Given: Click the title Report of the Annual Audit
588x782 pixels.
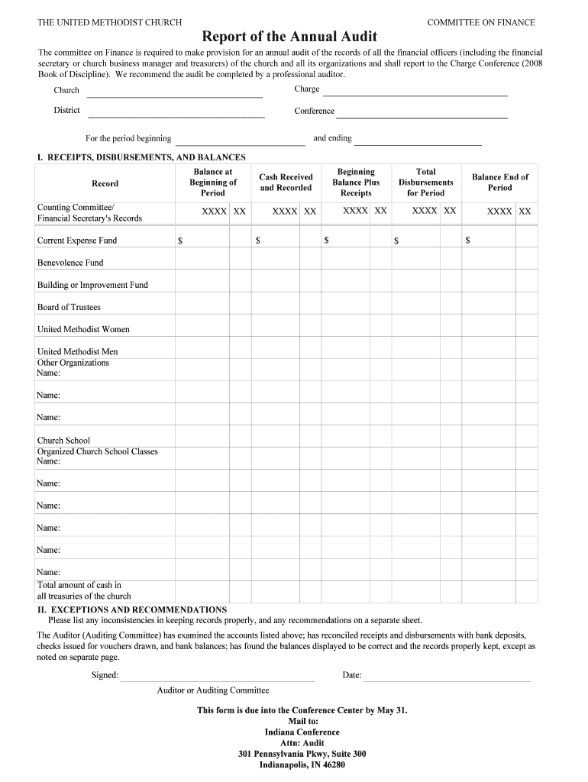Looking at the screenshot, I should [289, 37].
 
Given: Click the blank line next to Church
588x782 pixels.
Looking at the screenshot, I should [175, 95].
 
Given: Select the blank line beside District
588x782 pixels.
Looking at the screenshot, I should [176, 116].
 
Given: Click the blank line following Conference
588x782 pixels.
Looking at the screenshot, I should [422, 116].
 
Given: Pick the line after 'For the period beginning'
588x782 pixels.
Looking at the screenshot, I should [240, 143].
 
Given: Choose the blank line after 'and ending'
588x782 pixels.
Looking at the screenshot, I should [418, 143].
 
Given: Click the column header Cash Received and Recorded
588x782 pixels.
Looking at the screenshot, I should [286, 183].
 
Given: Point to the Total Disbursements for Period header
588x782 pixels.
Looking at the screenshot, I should [425, 183].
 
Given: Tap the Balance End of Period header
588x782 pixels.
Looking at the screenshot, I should [499, 183].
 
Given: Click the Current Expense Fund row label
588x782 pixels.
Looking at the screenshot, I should [77, 241].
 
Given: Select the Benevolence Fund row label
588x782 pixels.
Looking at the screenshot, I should [70, 263].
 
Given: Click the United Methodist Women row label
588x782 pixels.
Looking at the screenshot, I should [83, 329].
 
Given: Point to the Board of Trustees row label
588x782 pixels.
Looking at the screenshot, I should [69, 307].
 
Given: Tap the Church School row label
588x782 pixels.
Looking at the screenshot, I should [63, 441].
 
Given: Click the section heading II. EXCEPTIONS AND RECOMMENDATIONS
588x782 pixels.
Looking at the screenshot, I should [132, 609].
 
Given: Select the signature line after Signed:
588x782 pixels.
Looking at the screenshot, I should [217, 679].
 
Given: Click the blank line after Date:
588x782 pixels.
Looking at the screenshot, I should [447, 679].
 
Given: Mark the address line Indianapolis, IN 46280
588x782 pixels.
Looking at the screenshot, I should [302, 764].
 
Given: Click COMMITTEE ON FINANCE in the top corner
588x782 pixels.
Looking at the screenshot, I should [481, 23].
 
